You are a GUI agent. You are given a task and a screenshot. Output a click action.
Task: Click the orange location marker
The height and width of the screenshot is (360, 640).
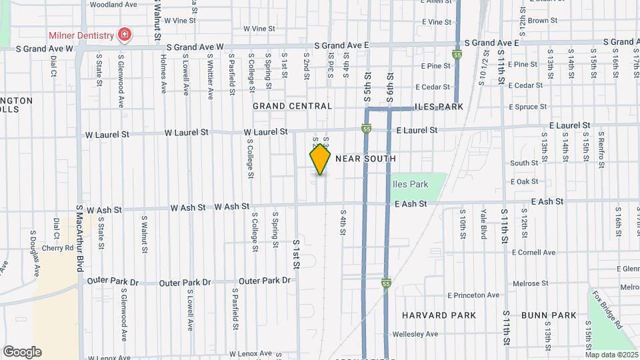tap(320, 159)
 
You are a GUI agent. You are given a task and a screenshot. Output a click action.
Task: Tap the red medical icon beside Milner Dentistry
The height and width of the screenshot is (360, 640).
tap(123, 34)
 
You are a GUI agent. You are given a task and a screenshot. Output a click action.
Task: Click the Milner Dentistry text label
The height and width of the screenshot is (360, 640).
tap(80, 35)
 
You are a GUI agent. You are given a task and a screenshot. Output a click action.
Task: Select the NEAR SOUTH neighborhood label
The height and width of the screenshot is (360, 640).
tap(365, 159)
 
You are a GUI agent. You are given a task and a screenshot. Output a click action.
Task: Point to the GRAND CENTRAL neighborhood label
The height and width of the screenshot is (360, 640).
tap(292, 106)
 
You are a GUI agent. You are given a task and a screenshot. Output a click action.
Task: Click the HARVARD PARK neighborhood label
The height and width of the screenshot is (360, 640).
tap(439, 315)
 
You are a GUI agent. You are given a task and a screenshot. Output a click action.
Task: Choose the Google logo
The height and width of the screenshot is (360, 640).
tap(22, 352)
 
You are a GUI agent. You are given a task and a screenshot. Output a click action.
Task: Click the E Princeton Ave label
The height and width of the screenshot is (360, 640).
tap(473, 295)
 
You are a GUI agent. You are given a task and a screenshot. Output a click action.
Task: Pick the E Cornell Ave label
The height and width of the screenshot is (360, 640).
tap(533, 252)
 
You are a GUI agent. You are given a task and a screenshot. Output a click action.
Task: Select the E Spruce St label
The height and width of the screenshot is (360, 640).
tap(527, 107)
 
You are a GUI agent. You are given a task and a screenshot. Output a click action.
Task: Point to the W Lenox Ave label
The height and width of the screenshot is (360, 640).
tap(251, 353)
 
